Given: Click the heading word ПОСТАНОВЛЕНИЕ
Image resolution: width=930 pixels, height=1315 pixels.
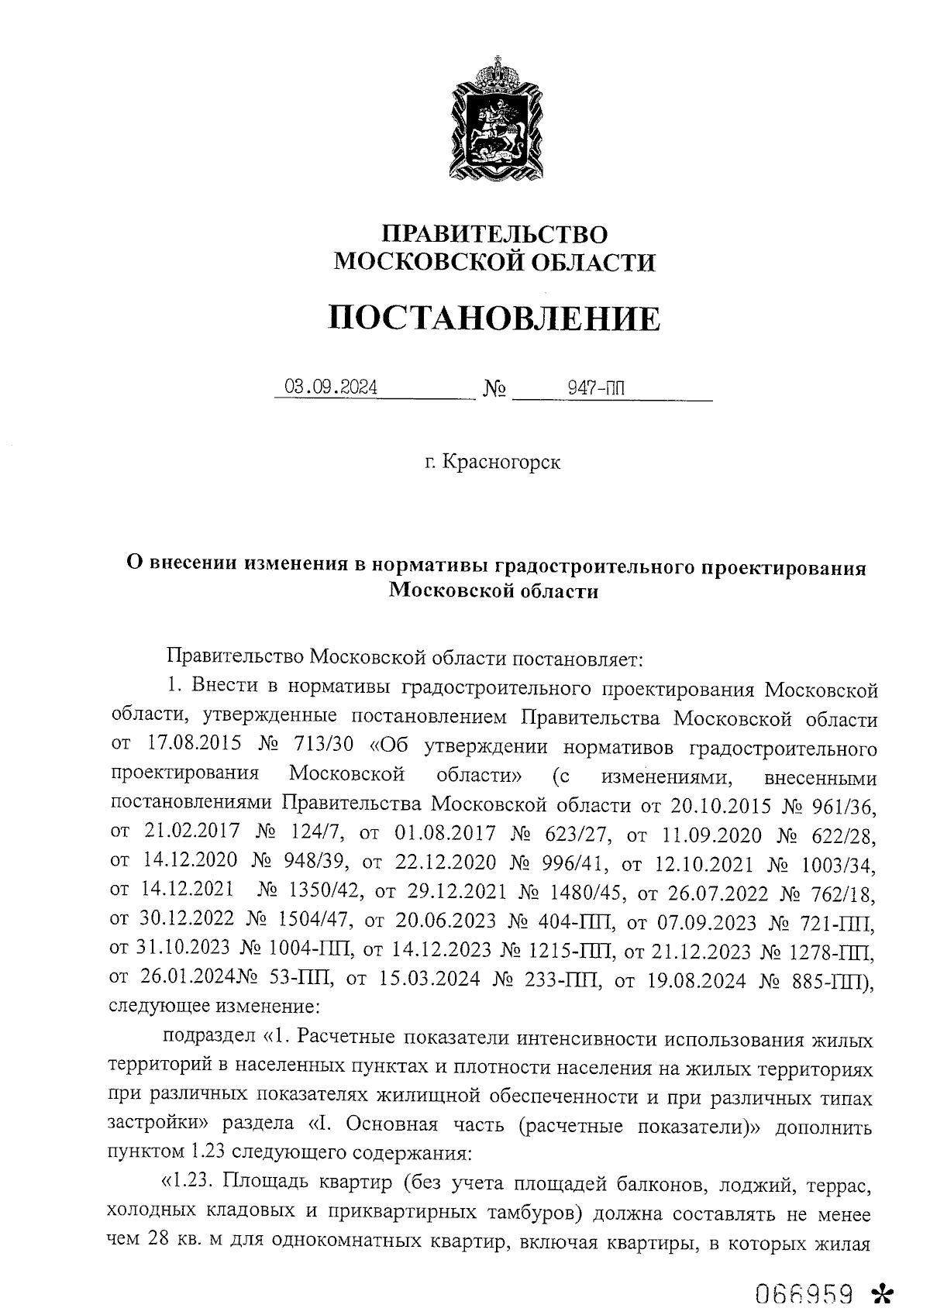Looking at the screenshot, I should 494,318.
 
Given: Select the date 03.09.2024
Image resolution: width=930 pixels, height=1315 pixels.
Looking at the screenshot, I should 331,387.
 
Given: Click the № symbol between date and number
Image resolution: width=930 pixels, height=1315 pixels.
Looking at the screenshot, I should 494,388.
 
